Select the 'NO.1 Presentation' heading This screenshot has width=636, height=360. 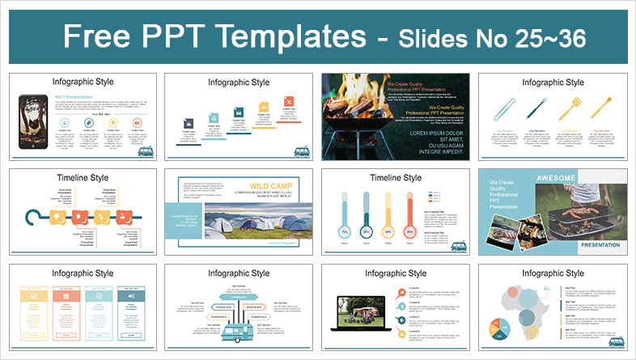coord(72,97)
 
